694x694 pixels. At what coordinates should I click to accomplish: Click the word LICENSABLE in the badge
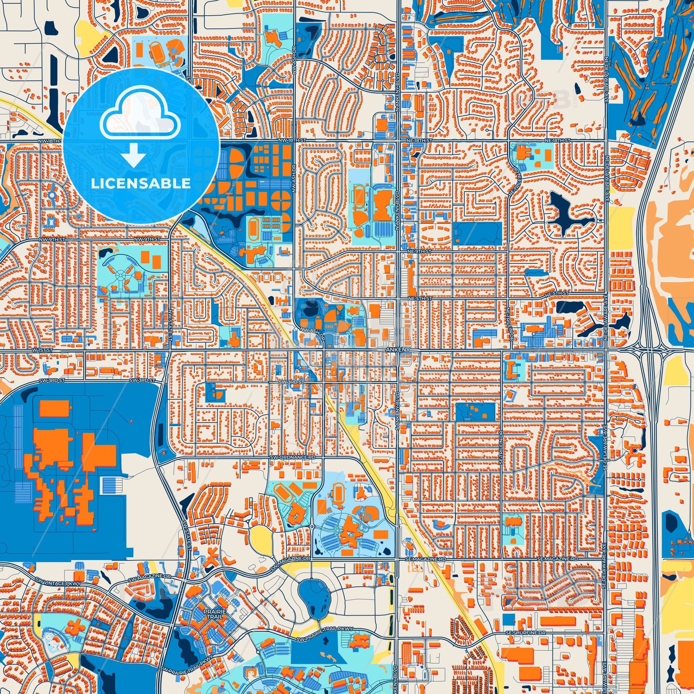141,184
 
